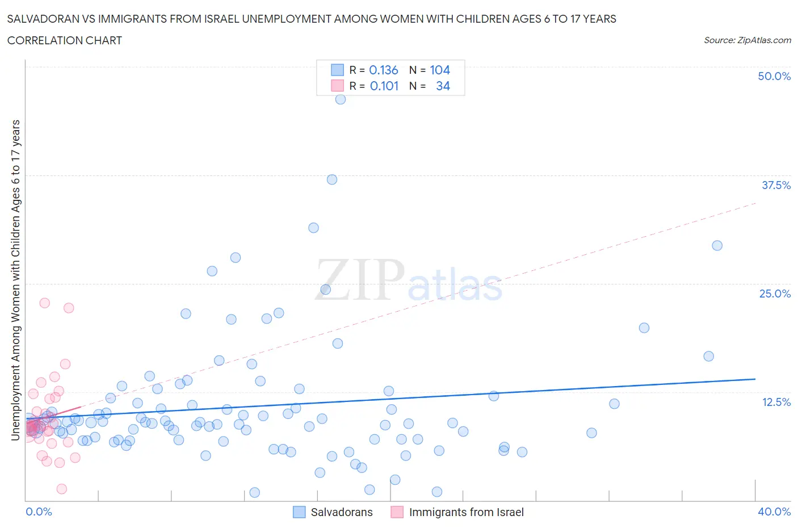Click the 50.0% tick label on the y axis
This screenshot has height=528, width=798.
[774, 76]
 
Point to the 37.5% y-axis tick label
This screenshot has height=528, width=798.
[776, 185]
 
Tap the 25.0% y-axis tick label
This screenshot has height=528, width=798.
[775, 294]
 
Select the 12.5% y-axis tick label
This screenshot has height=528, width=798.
[776, 402]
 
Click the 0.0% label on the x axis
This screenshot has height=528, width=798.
[39, 512]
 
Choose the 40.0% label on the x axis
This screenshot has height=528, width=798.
[774, 512]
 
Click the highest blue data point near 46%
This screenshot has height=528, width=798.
[341, 99]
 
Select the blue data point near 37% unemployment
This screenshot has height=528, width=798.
[332, 179]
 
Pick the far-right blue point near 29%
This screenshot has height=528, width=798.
[717, 246]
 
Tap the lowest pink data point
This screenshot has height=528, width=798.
[62, 489]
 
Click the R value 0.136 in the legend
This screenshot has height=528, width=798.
[384, 70]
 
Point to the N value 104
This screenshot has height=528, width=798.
[440, 70]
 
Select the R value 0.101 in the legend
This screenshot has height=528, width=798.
[384, 86]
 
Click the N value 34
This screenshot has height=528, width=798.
[443, 86]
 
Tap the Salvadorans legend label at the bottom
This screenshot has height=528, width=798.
[342, 512]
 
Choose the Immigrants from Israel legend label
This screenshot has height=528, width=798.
[466, 512]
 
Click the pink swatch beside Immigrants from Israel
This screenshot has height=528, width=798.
[397, 512]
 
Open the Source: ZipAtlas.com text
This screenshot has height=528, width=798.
[747, 40]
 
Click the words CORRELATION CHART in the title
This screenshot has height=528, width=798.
[65, 40]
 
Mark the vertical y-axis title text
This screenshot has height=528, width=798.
[15, 280]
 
